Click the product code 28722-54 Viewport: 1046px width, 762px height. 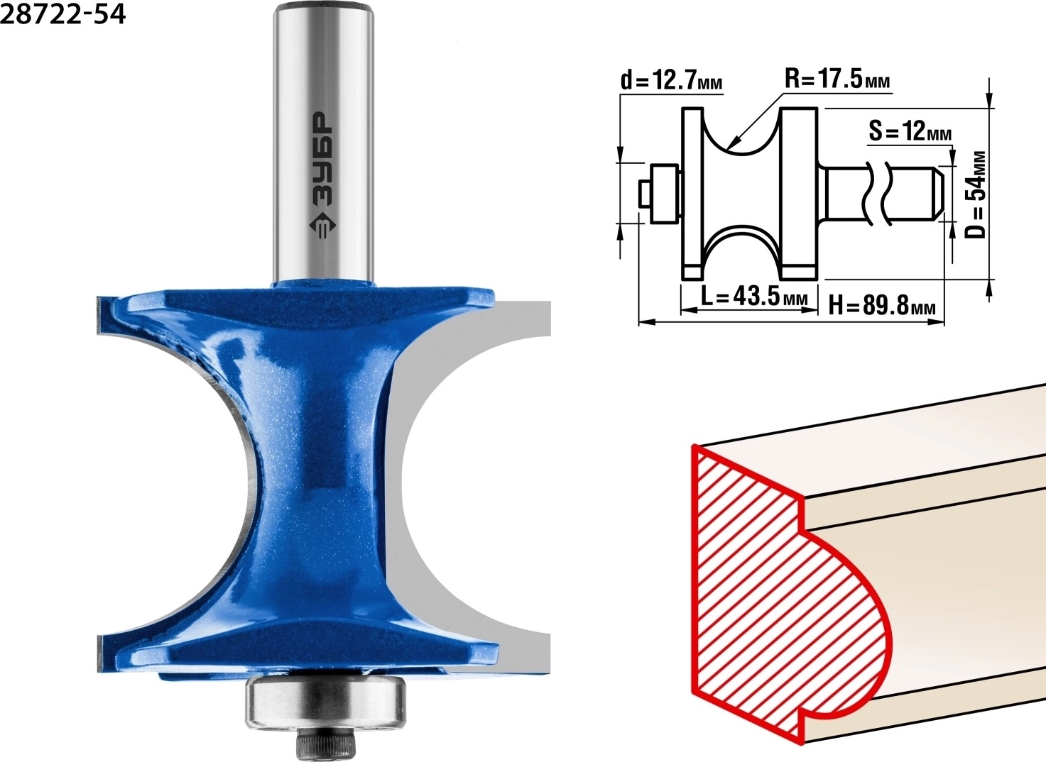[63, 15]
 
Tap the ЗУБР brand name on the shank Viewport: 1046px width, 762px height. [323, 159]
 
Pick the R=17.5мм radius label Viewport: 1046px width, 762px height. [837, 78]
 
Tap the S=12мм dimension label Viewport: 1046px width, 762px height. [910, 131]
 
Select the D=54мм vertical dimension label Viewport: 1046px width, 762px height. [976, 194]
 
